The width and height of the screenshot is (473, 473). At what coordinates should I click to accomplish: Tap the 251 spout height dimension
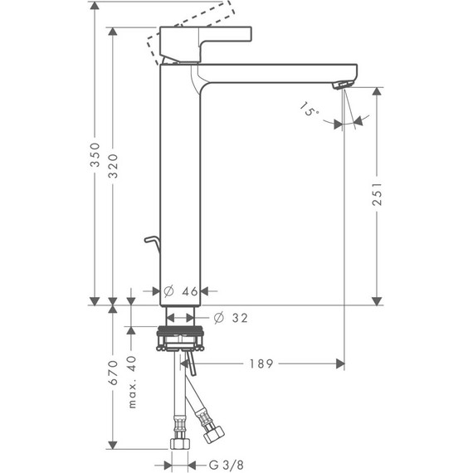click(378, 197)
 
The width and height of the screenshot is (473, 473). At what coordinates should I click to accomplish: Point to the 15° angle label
click(310, 110)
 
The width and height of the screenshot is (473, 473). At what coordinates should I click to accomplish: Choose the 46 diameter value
click(189, 291)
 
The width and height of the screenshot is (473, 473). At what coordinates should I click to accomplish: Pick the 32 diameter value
click(240, 318)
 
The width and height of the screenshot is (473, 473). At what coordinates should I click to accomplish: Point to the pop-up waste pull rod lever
click(150, 241)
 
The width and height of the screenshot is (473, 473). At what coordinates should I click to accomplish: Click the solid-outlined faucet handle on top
click(208, 41)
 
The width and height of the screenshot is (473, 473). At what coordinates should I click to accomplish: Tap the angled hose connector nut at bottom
click(213, 434)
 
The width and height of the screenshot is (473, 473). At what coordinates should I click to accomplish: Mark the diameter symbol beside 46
click(168, 291)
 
